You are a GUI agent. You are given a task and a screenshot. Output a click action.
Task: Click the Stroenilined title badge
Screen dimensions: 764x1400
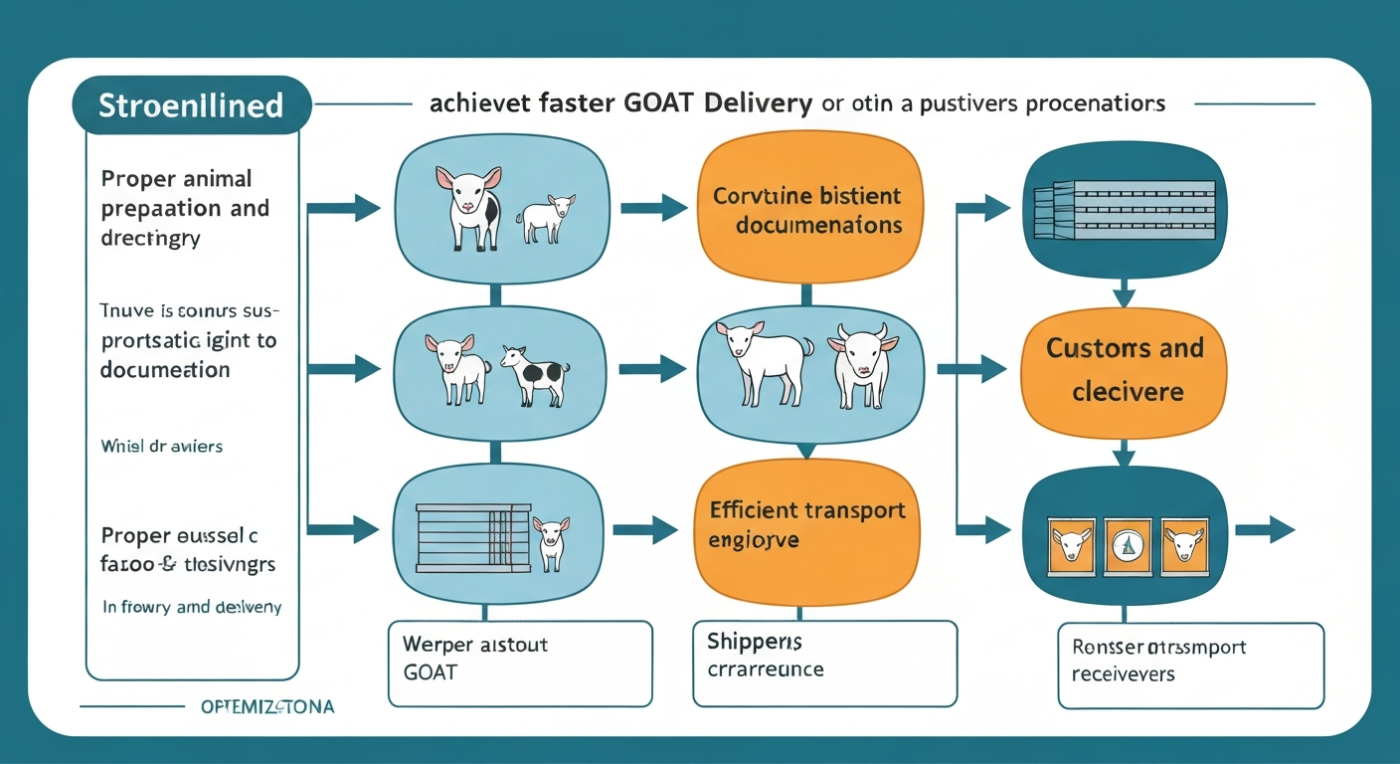click(192, 104)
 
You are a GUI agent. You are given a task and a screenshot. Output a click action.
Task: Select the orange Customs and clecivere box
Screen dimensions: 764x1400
click(1125, 369)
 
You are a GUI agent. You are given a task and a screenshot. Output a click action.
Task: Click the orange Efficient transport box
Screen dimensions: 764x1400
click(806, 526)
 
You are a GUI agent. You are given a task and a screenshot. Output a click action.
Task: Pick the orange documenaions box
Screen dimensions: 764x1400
click(806, 210)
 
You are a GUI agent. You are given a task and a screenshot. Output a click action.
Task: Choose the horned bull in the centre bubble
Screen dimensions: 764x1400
click(861, 364)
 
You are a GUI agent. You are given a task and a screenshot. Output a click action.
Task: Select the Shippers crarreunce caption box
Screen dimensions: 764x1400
click(824, 663)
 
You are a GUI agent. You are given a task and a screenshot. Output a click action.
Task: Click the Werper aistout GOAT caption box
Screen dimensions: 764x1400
click(520, 663)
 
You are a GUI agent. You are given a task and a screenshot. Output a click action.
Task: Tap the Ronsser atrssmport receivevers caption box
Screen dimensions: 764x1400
click(1190, 665)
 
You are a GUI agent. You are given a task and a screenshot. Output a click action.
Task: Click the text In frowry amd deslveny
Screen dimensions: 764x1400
click(192, 607)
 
